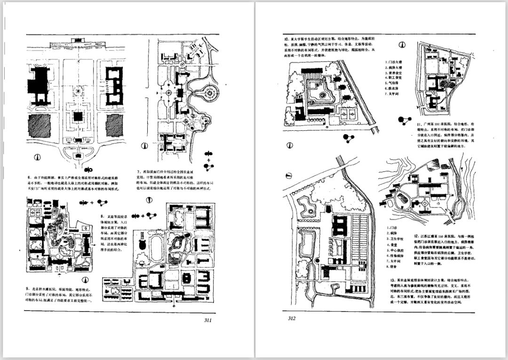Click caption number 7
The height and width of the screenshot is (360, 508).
click(x=139, y=172)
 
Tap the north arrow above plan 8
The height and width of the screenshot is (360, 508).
click(x=149, y=200)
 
